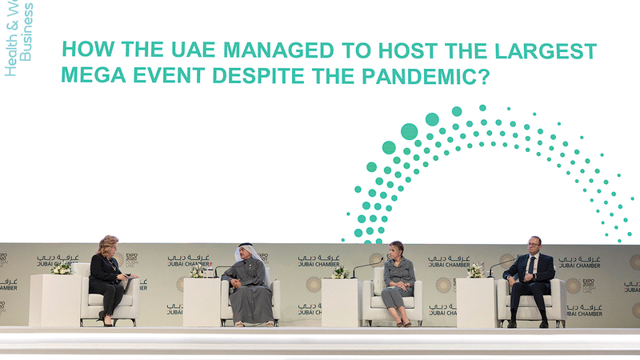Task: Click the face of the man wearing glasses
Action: tap(534, 244)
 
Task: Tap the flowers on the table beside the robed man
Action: tap(198, 271)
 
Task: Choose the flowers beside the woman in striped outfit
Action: tap(340, 272)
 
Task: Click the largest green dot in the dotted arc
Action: tap(409, 131)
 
